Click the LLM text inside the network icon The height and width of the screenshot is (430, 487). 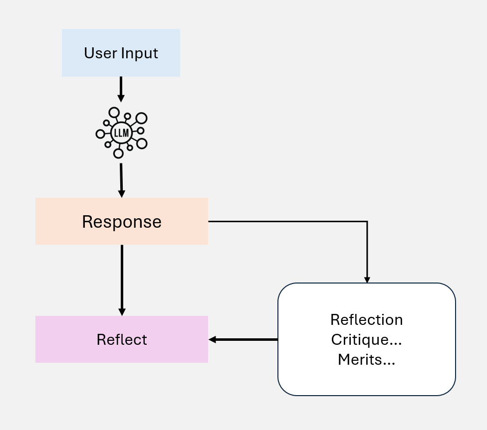click(x=121, y=133)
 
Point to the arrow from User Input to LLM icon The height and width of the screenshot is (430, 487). click(x=121, y=90)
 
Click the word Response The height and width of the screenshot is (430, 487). click(x=121, y=222)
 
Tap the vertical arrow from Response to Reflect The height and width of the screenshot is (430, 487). click(x=122, y=279)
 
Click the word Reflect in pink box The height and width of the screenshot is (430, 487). click(x=122, y=339)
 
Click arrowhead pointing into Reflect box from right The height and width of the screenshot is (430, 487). click(x=212, y=339)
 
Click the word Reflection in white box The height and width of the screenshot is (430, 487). click(x=366, y=319)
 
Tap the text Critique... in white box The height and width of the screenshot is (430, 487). click(x=366, y=339)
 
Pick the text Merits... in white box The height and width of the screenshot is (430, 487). click(x=366, y=359)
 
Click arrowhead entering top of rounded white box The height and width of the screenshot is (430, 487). click(x=367, y=281)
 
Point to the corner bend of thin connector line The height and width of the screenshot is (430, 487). click(x=367, y=221)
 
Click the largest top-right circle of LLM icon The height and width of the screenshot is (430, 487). click(x=142, y=118)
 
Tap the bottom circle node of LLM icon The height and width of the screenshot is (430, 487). click(x=118, y=153)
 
